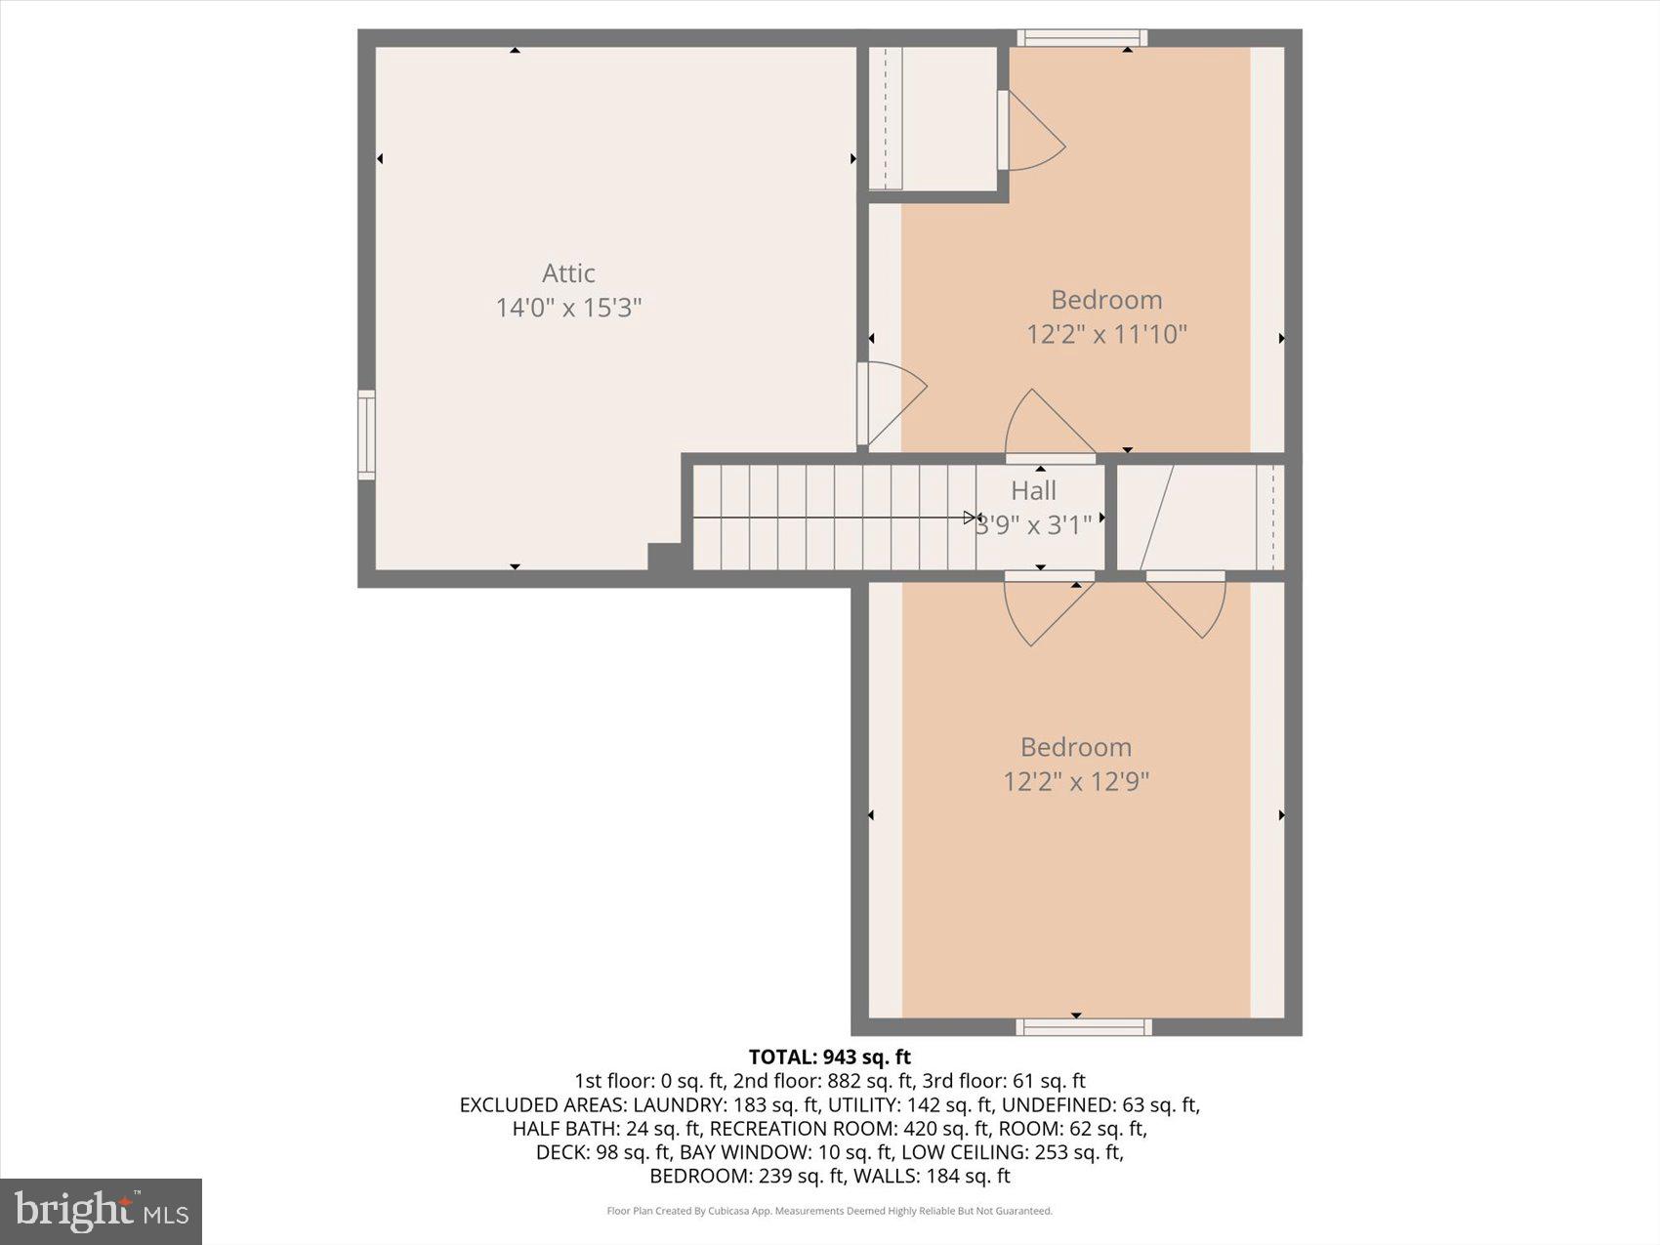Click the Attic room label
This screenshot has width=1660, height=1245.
[x=568, y=273]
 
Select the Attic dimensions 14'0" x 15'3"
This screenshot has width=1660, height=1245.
[x=568, y=308]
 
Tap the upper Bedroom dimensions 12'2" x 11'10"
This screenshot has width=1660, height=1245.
[x=1105, y=334]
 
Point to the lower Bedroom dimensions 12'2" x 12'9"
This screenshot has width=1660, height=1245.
[x=1075, y=781]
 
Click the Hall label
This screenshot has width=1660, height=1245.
[x=1033, y=490]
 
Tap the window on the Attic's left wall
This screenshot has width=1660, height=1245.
[x=366, y=435]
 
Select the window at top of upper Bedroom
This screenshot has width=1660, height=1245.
[x=1081, y=38]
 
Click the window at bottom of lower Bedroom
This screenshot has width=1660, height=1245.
[x=1083, y=1026]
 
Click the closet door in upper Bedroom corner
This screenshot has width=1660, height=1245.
[x=1033, y=132]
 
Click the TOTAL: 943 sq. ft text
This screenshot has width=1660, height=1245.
[x=829, y=1057]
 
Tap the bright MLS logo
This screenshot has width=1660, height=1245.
[x=101, y=1212]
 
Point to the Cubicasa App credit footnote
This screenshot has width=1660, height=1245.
[x=829, y=1211]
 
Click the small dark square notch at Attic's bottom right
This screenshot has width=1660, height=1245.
[x=664, y=557]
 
